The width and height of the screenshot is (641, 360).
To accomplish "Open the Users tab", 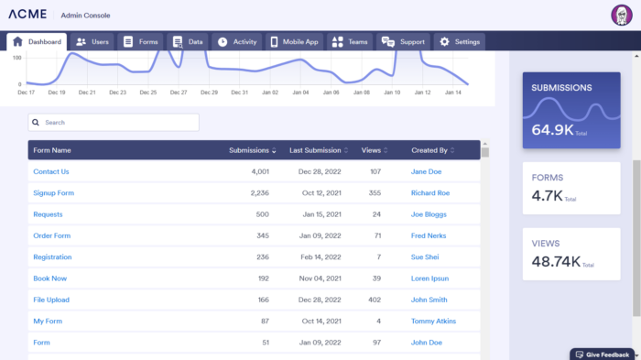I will [92, 42].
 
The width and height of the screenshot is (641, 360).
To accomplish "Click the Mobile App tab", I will [294, 42].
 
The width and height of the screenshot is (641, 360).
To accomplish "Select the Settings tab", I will [459, 42].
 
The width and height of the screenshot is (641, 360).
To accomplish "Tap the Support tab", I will [403, 42].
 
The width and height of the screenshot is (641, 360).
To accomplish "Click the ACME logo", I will [28, 16].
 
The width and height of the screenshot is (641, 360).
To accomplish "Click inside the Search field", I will [114, 122].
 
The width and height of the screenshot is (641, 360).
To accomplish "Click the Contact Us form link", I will [51, 171].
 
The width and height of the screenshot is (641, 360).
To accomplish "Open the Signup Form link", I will [53, 193].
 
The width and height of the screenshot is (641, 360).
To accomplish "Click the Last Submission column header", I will [315, 150].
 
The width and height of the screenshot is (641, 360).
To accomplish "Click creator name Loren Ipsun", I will [430, 278].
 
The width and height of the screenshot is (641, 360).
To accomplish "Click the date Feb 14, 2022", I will [320, 257].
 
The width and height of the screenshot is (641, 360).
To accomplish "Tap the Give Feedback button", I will [602, 354].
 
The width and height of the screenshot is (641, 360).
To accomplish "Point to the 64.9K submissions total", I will [553, 130].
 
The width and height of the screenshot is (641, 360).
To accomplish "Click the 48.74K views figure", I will [556, 262].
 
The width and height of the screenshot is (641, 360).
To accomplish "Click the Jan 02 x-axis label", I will [269, 93].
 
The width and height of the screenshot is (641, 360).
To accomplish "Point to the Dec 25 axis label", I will [147, 93].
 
